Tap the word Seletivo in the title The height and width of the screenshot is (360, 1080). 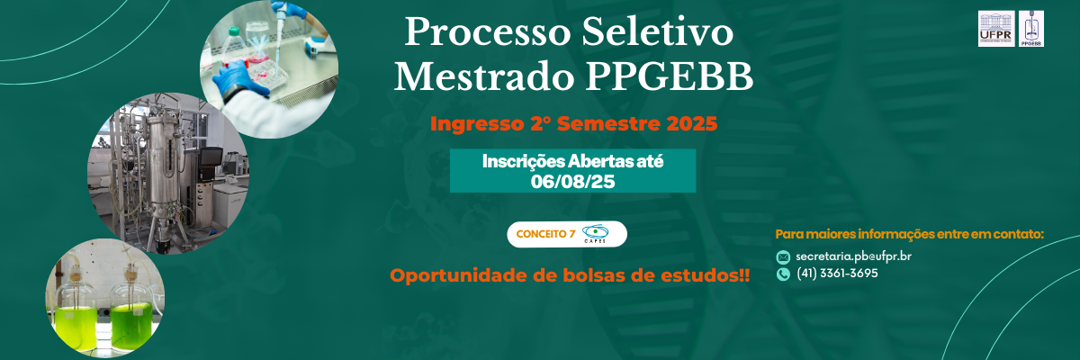coord(658,31)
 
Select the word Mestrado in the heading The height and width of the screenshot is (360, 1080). coord(484,76)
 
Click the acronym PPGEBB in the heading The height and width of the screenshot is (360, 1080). coord(670,76)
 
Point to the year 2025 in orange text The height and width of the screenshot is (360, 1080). coord(692,124)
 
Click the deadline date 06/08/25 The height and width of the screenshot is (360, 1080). coord(572,182)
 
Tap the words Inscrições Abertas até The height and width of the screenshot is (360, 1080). coord(572,161)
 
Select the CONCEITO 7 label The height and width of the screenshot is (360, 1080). coord(545,234)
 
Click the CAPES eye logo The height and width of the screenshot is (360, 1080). coord(596,234)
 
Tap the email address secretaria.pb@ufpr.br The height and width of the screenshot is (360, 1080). coord(853,256)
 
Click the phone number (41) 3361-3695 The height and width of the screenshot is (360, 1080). coord(837,274)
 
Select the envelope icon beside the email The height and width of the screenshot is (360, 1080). coord(783,256)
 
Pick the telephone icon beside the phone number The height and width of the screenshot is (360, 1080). coord(783,274)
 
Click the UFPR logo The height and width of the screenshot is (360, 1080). coord(996,29)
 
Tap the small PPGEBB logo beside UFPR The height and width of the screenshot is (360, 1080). coord(1031,29)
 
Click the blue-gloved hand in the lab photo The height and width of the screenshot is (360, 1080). coord(235,77)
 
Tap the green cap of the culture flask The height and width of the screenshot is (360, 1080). coord(234,31)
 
